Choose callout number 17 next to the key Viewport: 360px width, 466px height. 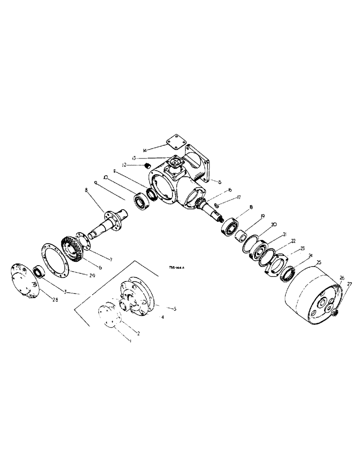coord(239,197)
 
